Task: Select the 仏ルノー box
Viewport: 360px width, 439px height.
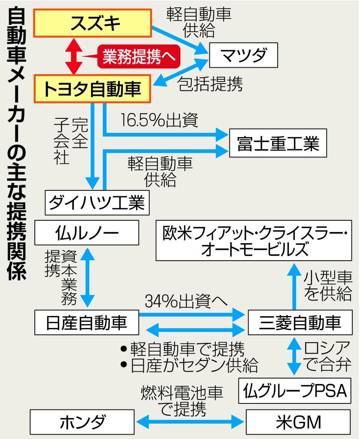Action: (87, 234)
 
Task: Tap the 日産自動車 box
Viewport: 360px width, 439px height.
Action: (87, 322)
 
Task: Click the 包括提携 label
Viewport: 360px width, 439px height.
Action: (210, 84)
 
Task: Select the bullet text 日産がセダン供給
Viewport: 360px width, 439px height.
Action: (189, 365)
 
